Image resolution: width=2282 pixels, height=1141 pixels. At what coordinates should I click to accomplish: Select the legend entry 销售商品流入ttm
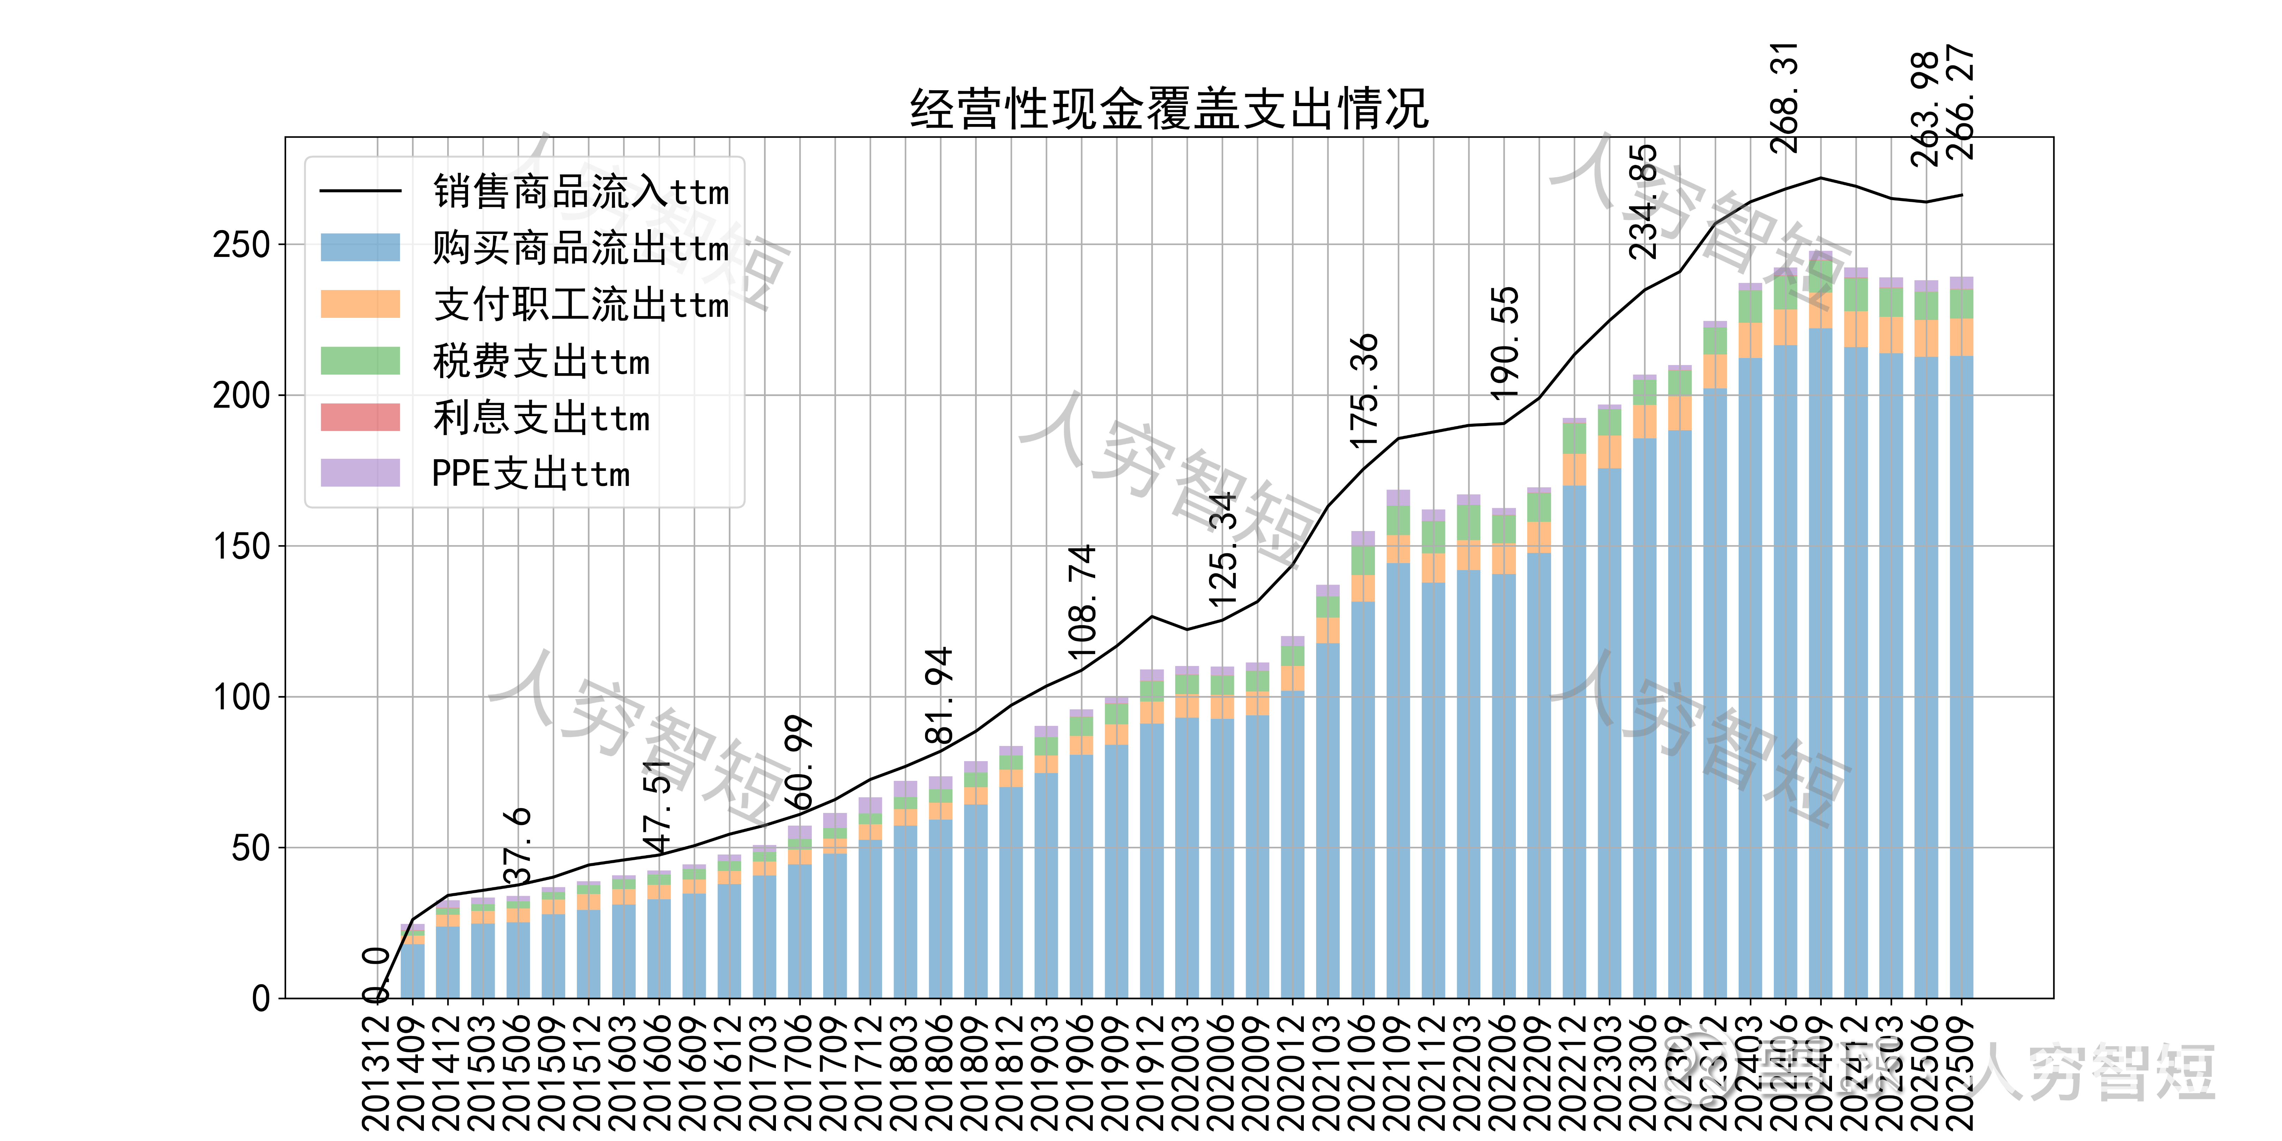coord(580,191)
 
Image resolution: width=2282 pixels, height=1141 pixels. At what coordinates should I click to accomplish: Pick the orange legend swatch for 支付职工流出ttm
coord(360,304)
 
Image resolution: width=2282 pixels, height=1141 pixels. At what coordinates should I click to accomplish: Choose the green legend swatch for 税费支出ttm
coord(360,360)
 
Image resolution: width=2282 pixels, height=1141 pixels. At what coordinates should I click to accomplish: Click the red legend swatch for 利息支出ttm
coord(360,417)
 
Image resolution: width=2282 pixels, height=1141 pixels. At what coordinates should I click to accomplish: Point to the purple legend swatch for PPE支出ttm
coord(360,473)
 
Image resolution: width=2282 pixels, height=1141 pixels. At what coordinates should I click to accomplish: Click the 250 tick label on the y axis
coord(241,245)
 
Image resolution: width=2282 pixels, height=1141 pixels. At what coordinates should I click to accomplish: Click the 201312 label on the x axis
coord(376,1072)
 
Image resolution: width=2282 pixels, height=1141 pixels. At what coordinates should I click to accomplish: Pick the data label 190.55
coord(1504,343)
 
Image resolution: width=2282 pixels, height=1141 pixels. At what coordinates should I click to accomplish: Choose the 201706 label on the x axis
coord(799,1072)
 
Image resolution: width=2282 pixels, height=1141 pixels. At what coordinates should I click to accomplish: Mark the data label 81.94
coord(939,695)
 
